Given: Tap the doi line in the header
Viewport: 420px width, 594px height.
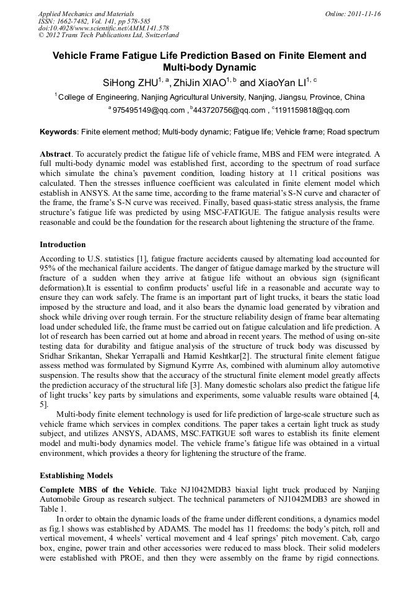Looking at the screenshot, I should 103,28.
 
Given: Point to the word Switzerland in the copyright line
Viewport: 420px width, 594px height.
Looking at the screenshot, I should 160,36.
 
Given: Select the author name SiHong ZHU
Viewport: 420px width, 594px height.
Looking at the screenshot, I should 129,82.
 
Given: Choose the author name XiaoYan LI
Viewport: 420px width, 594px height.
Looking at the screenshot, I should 281,82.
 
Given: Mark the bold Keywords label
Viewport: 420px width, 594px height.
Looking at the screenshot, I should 58,132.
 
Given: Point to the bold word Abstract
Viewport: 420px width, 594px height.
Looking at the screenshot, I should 55,153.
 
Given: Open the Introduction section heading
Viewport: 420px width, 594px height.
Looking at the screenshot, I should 63,245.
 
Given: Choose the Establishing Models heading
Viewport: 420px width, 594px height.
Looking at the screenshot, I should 76,476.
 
